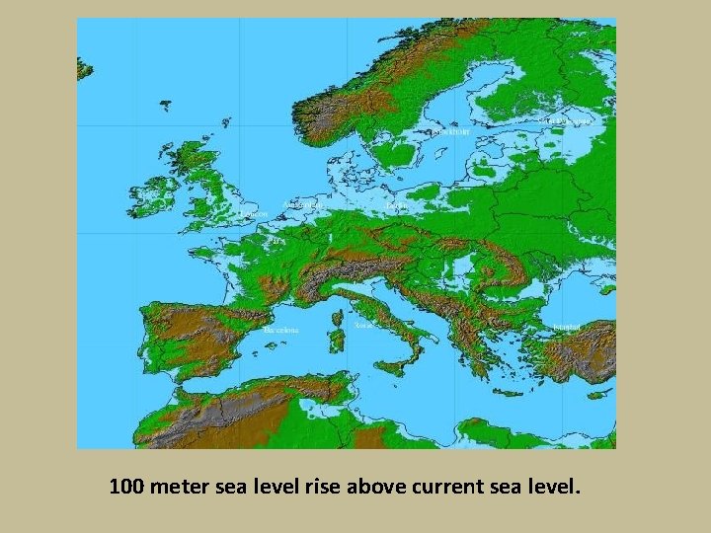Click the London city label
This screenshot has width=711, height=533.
coord(254,212)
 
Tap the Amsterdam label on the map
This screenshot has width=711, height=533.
coord(302,204)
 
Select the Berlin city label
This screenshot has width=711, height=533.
coord(398,205)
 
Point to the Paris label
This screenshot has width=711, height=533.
coord(276,240)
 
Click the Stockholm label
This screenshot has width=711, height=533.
coord(449,130)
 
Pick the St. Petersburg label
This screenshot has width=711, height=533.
coord(567,120)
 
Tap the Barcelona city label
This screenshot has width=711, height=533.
coord(280,331)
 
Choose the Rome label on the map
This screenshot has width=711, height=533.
coord(364,324)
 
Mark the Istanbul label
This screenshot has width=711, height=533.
coord(566,326)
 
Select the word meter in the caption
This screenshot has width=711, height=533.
coord(179,486)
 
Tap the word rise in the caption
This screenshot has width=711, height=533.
coord(321,486)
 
